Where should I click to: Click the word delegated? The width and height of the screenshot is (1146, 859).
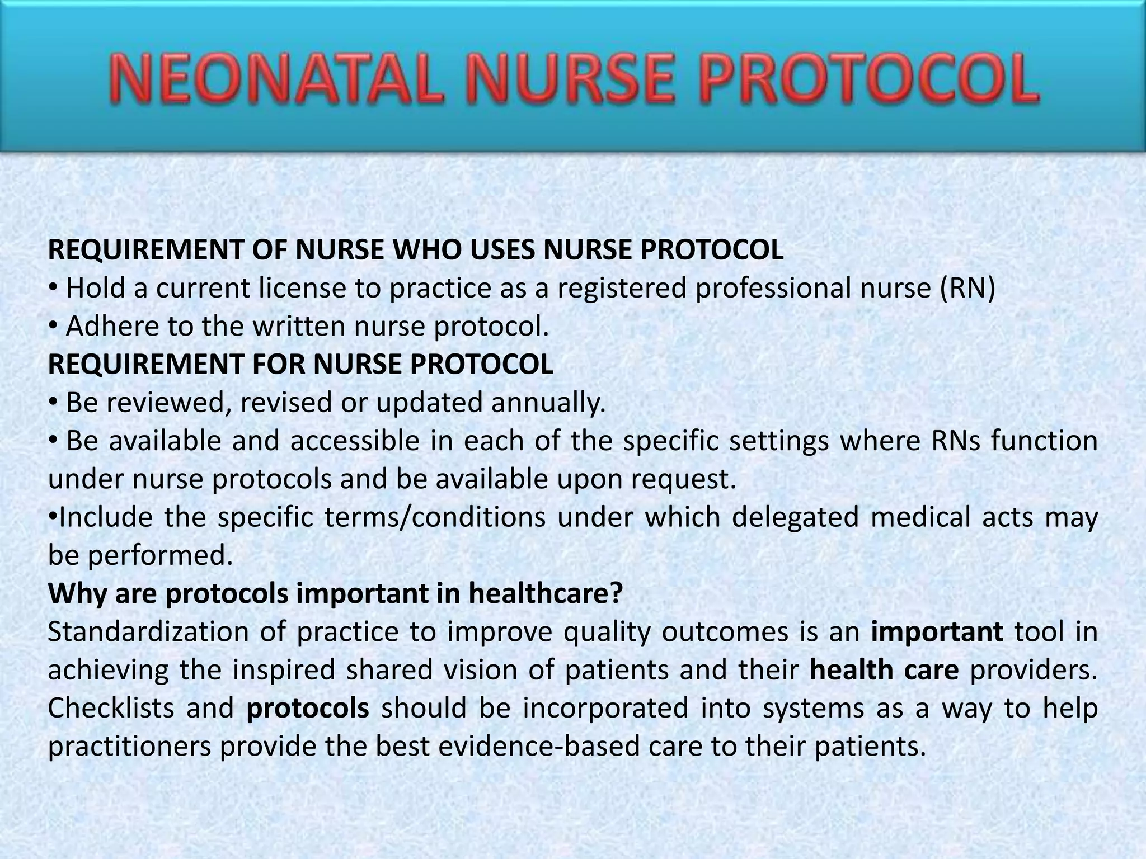(x=795, y=517)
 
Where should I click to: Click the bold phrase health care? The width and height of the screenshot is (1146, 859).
(x=884, y=670)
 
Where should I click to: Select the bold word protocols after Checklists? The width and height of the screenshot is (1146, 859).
(x=307, y=709)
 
